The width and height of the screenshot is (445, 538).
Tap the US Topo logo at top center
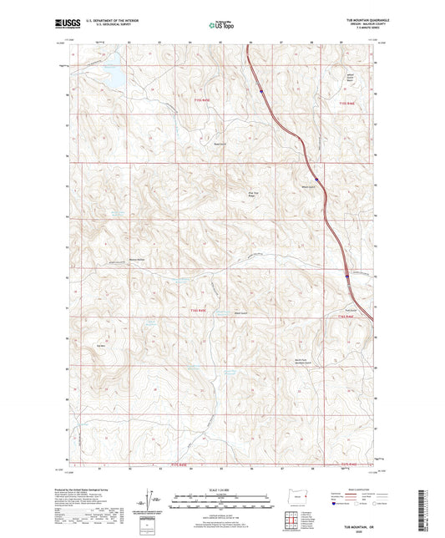click(220, 25)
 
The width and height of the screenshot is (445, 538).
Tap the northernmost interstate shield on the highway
click(260, 89)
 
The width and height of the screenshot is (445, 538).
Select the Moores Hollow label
click(125, 259)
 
